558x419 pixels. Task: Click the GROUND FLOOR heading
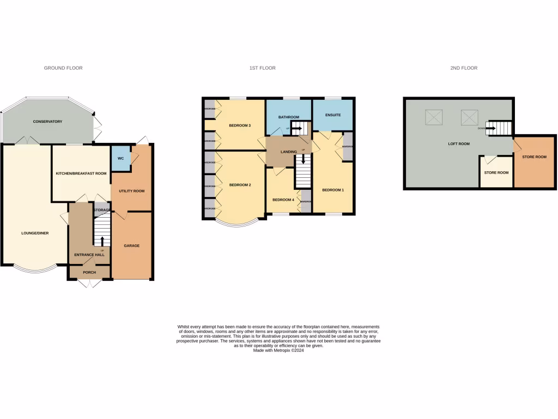[63, 68]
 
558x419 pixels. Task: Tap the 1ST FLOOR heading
[263, 68]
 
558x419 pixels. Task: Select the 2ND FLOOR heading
[464, 68]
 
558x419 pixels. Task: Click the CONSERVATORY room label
[47, 121]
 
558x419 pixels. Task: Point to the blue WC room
[121, 158]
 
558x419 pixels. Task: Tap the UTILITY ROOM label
[131, 191]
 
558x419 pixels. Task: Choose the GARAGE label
[131, 246]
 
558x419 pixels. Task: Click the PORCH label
[89, 272]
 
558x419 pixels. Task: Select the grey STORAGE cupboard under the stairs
[102, 210]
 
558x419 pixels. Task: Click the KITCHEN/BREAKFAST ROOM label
[81, 173]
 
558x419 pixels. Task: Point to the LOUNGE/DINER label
[35, 233]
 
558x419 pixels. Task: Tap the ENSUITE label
[333, 115]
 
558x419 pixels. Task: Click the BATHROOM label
[289, 117]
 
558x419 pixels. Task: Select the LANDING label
[289, 152]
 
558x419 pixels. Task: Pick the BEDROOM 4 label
[283, 200]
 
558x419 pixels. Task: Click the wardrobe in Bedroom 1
[348, 146]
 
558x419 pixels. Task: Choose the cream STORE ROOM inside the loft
[496, 172]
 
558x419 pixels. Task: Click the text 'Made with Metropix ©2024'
[278, 350]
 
